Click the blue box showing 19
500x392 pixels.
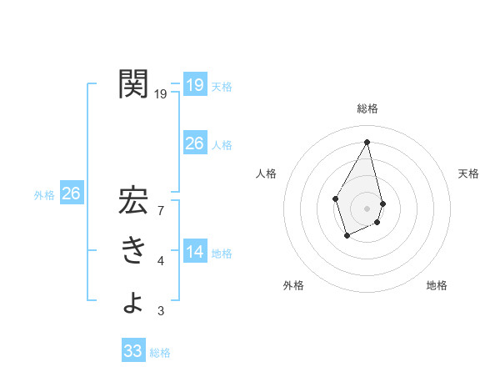click(195, 84)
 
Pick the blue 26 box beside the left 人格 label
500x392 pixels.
click(195, 143)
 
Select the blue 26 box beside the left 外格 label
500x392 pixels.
click(72, 193)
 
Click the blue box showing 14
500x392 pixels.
click(195, 252)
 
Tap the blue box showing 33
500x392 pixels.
click(133, 351)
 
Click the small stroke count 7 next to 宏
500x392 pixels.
click(160, 212)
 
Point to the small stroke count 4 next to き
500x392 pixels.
click(160, 262)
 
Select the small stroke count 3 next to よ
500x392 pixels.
click(160, 312)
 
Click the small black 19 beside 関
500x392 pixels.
click(161, 94)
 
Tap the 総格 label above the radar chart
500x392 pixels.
click(367, 108)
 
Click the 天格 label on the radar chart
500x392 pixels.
click(469, 173)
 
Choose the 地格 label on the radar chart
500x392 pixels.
click(437, 285)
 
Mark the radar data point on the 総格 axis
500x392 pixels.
click(367, 141)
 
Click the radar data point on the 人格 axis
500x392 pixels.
click(336, 198)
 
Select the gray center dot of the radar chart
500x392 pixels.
click(367, 208)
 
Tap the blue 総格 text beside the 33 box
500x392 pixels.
click(160, 353)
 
